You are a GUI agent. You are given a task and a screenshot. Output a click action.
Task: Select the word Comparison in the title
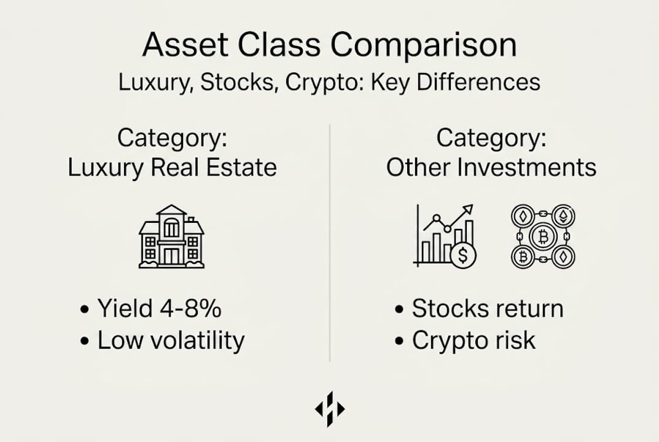pyautogui.click(x=424, y=45)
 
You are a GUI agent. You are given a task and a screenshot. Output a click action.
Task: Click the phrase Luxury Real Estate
pyautogui.click(x=173, y=168)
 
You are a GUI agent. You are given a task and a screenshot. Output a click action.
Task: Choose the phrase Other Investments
pyautogui.click(x=491, y=167)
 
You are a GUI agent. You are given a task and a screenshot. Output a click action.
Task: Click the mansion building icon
pyautogui.click(x=171, y=236)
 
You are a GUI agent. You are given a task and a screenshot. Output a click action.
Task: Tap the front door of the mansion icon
pyautogui.click(x=171, y=256)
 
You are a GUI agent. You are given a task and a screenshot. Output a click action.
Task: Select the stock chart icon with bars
pyautogui.click(x=445, y=236)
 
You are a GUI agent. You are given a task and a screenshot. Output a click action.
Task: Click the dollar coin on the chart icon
pyautogui.click(x=462, y=255)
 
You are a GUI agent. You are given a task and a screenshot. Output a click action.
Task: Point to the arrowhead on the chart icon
pyautogui.click(x=468, y=210)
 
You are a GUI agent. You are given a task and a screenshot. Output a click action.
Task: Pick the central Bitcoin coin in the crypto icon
pyautogui.click(x=543, y=237)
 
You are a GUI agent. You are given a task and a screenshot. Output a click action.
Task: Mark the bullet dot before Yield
pyautogui.click(x=85, y=309)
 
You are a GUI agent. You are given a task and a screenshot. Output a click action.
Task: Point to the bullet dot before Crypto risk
pyautogui.click(x=399, y=341)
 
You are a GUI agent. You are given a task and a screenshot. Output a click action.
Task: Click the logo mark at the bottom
pyautogui.click(x=330, y=409)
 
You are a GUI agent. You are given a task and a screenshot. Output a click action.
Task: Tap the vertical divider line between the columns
pyautogui.click(x=330, y=243)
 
